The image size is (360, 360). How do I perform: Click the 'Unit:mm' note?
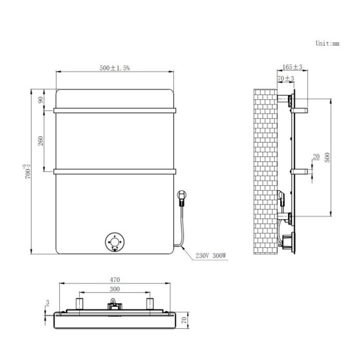tap(327, 44)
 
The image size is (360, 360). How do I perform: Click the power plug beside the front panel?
tap(181, 195)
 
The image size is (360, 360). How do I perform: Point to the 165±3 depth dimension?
tap(292, 67)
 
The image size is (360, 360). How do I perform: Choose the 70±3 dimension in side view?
tap(285, 79)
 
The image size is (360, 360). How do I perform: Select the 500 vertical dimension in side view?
tap(327, 156)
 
